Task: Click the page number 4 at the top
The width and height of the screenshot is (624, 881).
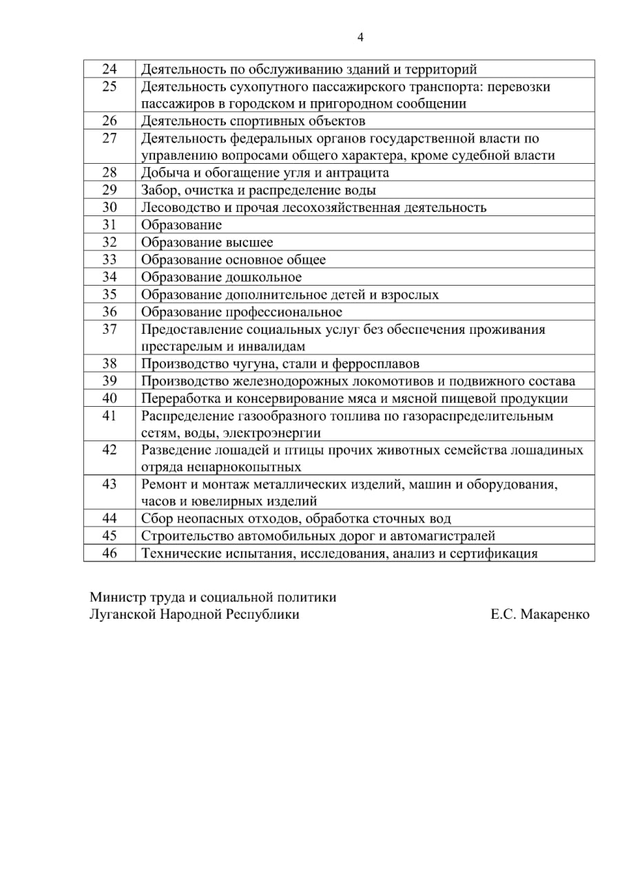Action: pos(360,37)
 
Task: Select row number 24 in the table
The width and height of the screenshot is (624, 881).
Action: pos(110,69)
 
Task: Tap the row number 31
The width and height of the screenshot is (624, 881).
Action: pos(110,224)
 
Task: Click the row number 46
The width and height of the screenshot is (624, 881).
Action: pos(110,553)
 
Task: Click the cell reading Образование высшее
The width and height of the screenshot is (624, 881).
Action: pos(207,242)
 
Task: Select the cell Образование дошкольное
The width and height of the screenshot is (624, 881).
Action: pos(221,277)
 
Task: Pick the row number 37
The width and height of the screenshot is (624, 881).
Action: pos(110,329)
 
